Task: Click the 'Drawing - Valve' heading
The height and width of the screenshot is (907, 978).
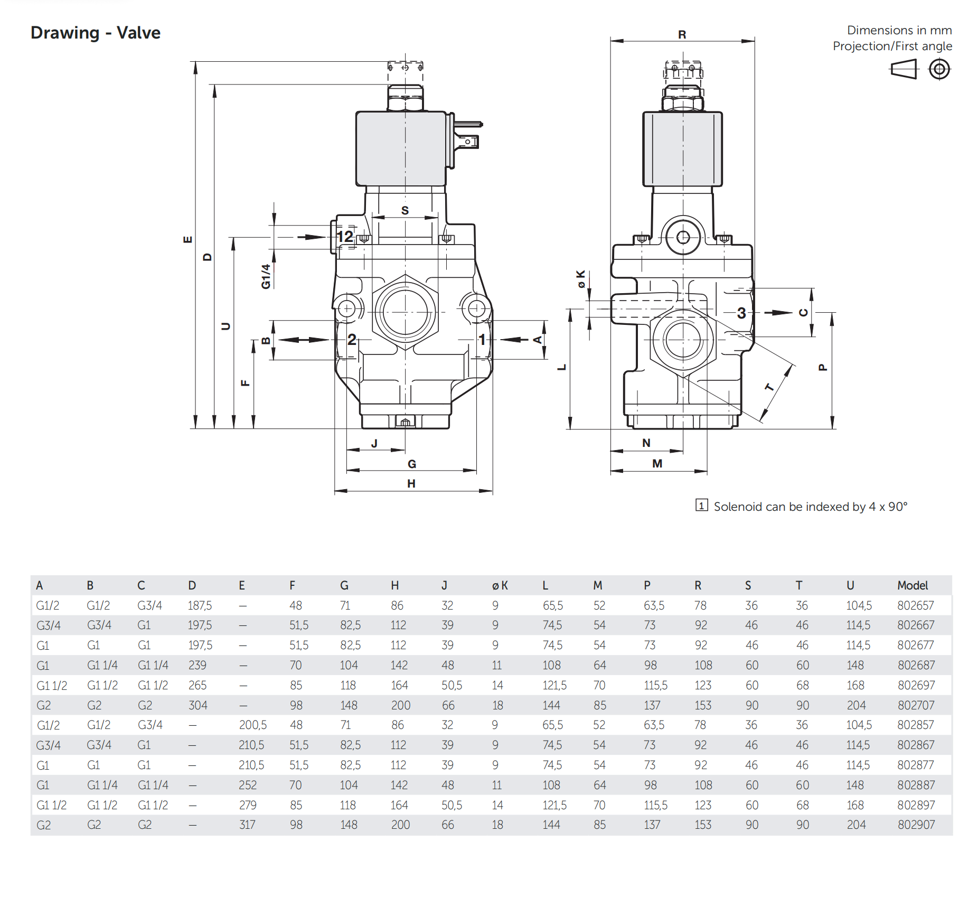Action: pyautogui.click(x=96, y=33)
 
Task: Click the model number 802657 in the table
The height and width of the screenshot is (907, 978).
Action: pyautogui.click(x=915, y=605)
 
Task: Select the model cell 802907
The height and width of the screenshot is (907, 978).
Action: pyautogui.click(x=916, y=825)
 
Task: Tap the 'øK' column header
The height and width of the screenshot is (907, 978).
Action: pyautogui.click(x=500, y=585)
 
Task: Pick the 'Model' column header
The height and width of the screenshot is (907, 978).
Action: pyautogui.click(x=912, y=585)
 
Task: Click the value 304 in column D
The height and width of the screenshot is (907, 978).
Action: pyautogui.click(x=198, y=705)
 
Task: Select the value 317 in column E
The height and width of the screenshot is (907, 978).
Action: pyautogui.click(x=247, y=825)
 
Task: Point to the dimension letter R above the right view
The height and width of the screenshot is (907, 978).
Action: pyautogui.click(x=682, y=35)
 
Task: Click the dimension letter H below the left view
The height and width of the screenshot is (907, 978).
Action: pyautogui.click(x=411, y=483)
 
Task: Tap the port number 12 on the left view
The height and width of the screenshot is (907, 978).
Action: pyautogui.click(x=345, y=236)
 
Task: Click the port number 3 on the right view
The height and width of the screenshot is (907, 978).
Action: pyautogui.click(x=741, y=313)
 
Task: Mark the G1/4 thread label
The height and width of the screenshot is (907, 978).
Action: pyautogui.click(x=266, y=276)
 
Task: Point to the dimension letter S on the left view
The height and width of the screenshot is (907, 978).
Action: pyautogui.click(x=405, y=210)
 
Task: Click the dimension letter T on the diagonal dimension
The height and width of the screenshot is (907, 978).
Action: pyautogui.click(x=769, y=388)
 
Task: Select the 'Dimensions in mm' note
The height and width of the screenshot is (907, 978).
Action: pyautogui.click(x=899, y=30)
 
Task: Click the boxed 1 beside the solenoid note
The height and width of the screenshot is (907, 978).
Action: pyautogui.click(x=701, y=506)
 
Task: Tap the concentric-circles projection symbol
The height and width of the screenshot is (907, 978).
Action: pyautogui.click(x=939, y=69)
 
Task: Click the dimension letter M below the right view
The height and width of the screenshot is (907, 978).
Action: pyautogui.click(x=657, y=463)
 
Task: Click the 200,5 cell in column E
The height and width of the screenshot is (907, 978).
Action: pyautogui.click(x=252, y=725)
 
